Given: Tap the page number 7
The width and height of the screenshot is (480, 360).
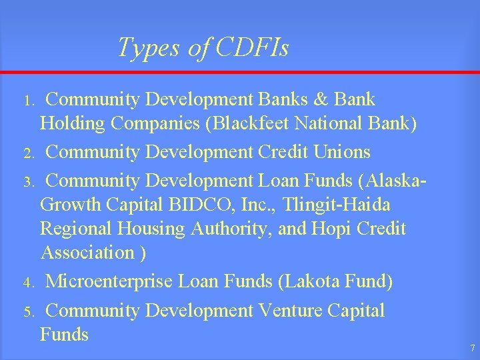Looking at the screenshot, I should (472, 349).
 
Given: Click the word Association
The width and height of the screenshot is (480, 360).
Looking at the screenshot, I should (87, 253).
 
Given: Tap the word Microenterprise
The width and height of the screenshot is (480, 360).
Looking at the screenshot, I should (108, 282).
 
